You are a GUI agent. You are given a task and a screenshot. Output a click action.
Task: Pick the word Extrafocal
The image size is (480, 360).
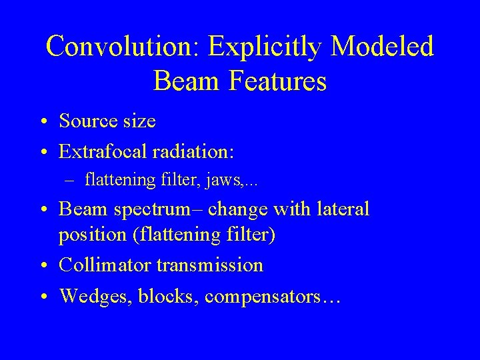coord(103,151)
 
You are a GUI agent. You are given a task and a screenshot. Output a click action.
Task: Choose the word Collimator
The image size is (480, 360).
coord(105,265)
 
